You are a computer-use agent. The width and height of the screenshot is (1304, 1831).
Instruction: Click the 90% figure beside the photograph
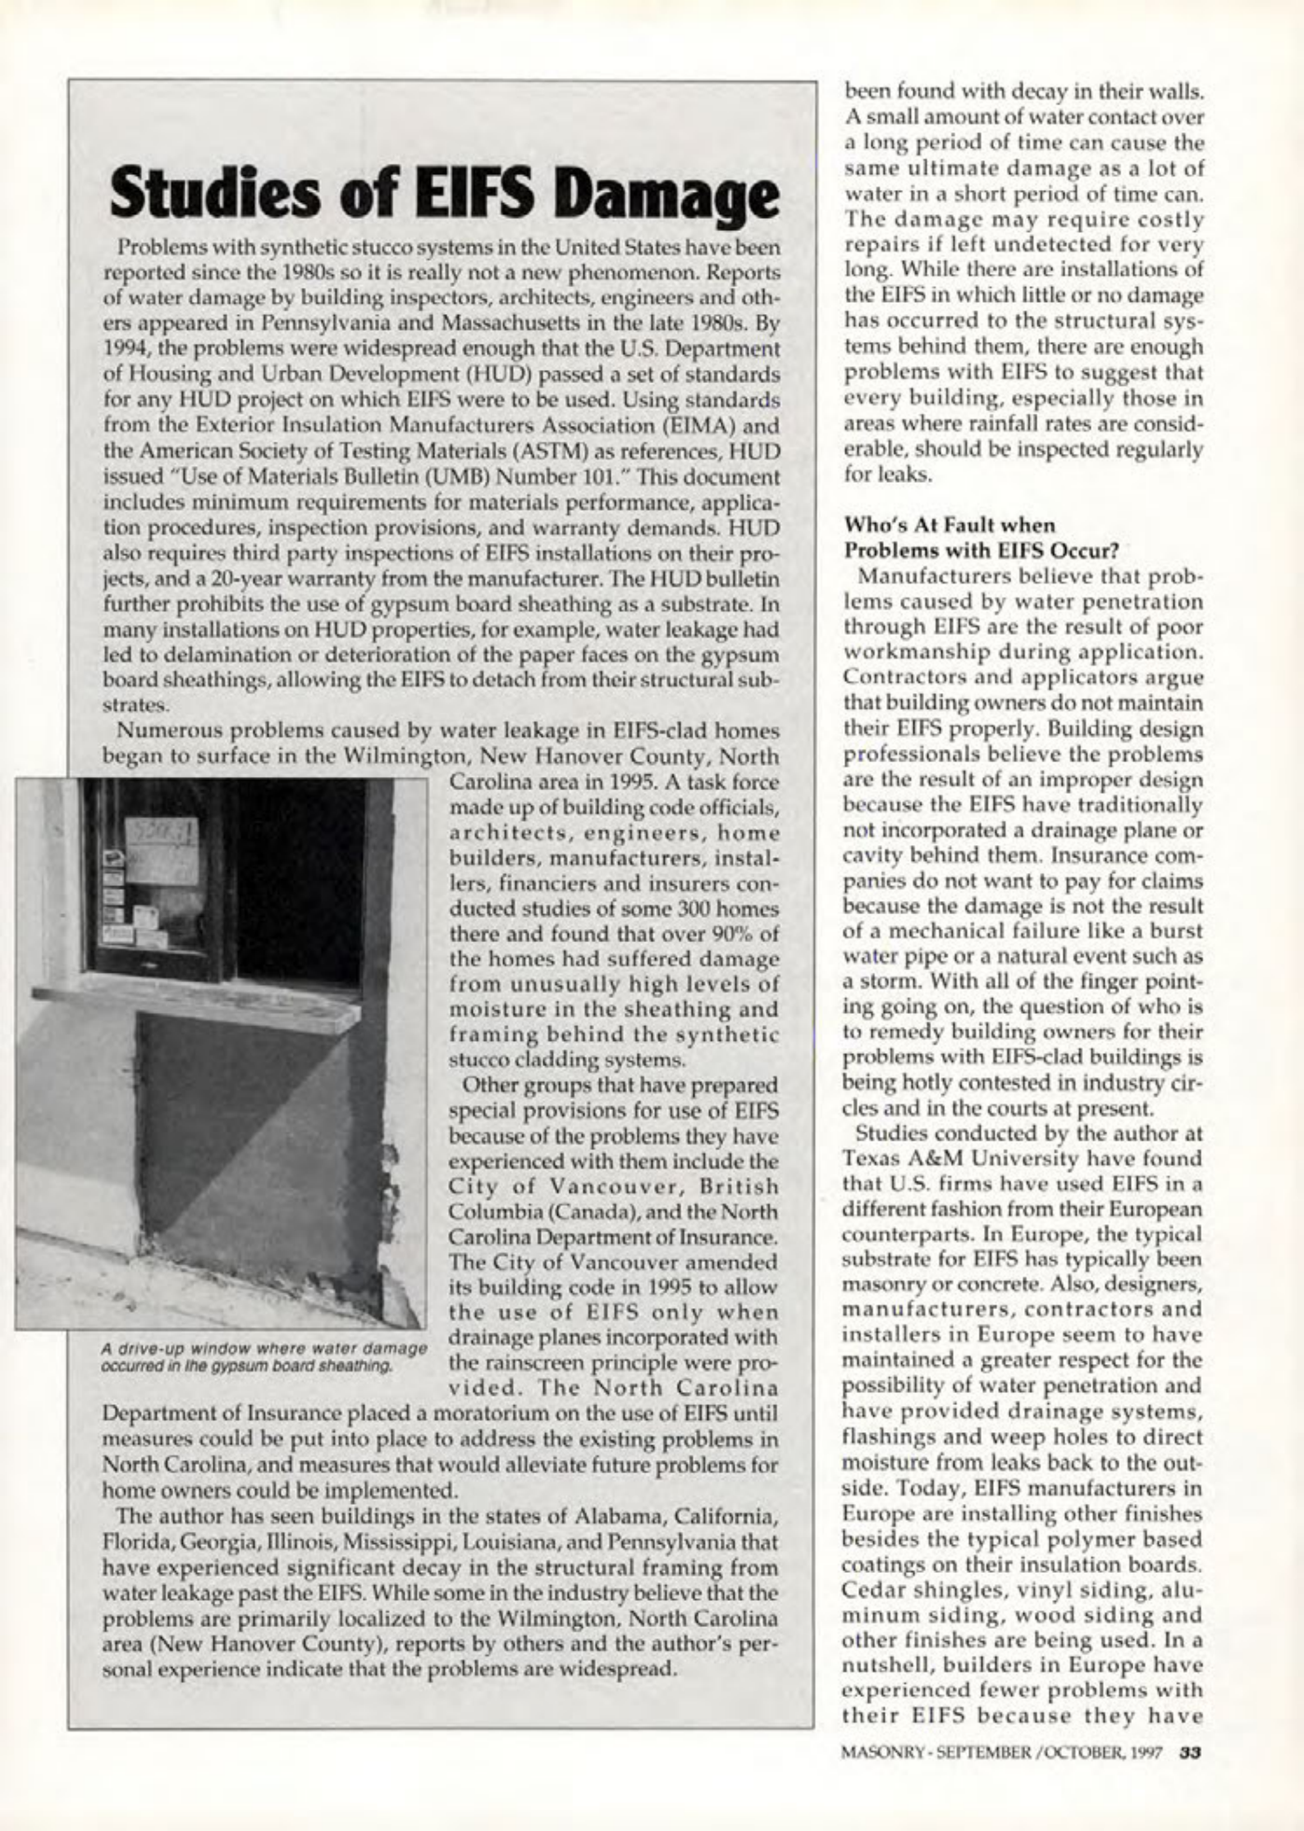(x=736, y=934)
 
